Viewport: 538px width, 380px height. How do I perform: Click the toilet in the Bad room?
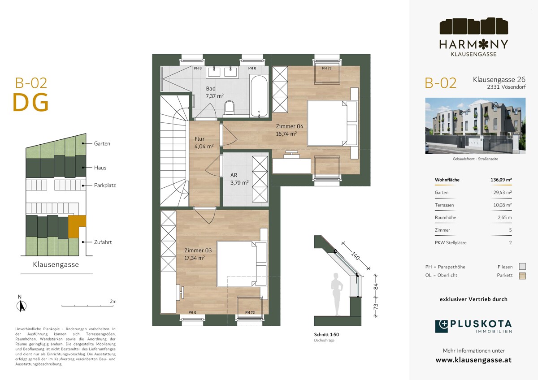click(229, 108)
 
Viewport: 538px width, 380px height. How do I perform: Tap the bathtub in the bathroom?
click(259, 96)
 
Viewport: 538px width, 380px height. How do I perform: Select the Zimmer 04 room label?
click(290, 126)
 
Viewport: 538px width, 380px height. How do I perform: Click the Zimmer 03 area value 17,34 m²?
click(195, 258)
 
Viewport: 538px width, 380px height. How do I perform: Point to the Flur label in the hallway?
click(200, 139)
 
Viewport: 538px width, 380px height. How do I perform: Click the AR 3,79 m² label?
click(239, 179)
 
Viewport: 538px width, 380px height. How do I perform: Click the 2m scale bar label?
click(113, 301)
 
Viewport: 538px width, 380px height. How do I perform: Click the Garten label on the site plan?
click(102, 143)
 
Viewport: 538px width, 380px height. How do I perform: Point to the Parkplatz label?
click(105, 186)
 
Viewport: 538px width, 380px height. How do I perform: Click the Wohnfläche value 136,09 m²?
click(501, 180)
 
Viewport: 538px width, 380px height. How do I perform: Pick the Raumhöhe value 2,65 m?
click(505, 217)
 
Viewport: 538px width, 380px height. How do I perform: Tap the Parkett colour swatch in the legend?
click(522, 276)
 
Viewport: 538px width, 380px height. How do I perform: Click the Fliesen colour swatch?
click(522, 267)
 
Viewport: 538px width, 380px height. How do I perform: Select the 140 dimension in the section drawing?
click(355, 256)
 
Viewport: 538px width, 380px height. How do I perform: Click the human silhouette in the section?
click(337, 294)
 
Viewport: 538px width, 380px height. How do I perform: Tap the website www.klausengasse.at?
click(473, 360)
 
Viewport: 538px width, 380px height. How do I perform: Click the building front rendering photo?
click(475, 126)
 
